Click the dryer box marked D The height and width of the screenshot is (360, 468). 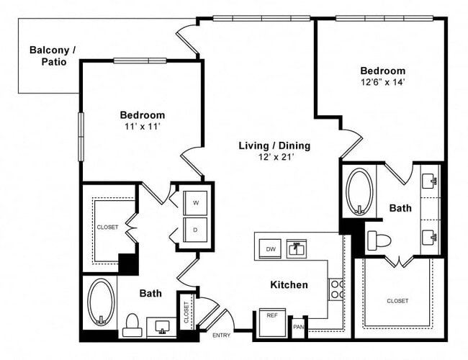tap(196, 230)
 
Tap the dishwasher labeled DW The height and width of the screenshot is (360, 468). tap(270, 248)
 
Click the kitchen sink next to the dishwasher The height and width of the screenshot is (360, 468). tap(297, 248)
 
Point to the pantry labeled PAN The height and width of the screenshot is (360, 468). tap(299, 326)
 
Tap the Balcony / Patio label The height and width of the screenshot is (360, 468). tap(51, 55)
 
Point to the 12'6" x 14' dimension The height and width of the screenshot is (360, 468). tap(382, 83)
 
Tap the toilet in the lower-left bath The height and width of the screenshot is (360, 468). tap(132, 325)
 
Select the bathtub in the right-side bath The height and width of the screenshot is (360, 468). tap(358, 192)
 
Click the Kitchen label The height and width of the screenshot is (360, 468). tap(289, 285)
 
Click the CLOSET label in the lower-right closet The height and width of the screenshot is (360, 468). tap(397, 301)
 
